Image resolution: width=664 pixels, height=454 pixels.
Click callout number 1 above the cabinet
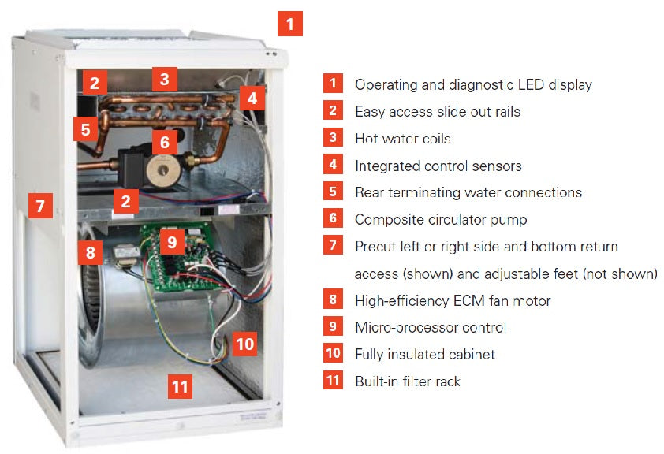pos(290,24)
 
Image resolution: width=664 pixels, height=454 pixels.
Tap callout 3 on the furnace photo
pos(164,79)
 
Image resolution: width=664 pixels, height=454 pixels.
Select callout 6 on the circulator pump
pos(164,142)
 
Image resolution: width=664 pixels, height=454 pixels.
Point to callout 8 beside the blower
pos(90,253)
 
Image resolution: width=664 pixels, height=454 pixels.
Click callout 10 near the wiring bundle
pos(245,344)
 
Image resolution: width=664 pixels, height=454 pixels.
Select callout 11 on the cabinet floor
pos(181,386)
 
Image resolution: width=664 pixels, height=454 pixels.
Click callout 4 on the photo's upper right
pos(251,99)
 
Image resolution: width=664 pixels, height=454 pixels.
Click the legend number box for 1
pos(334,84)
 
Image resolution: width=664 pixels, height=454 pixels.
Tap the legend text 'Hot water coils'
pos(402,139)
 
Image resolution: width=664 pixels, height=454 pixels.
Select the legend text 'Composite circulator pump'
pos(440,220)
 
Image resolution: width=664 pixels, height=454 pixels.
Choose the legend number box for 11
pos(334,381)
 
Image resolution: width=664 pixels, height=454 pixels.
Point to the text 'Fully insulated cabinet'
pos(424,354)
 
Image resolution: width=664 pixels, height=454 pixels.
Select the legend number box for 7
pos(334,246)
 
